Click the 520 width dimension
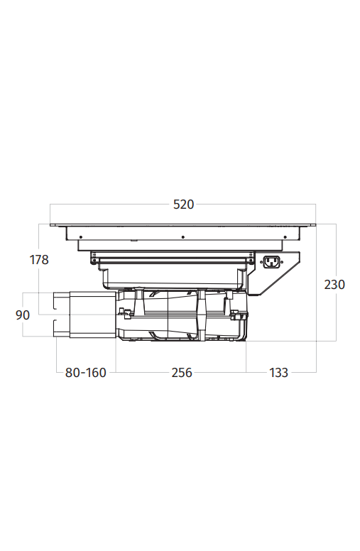pos(183,204)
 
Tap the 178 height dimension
pos(39,260)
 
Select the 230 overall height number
pos(334,284)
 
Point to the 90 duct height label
pos(23,315)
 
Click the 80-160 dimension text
pos(85,373)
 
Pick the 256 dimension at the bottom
pos(182,373)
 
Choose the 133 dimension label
pos(279,373)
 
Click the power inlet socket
pos(271,262)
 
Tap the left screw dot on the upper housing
pos(80,237)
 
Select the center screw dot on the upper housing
pos(182,237)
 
